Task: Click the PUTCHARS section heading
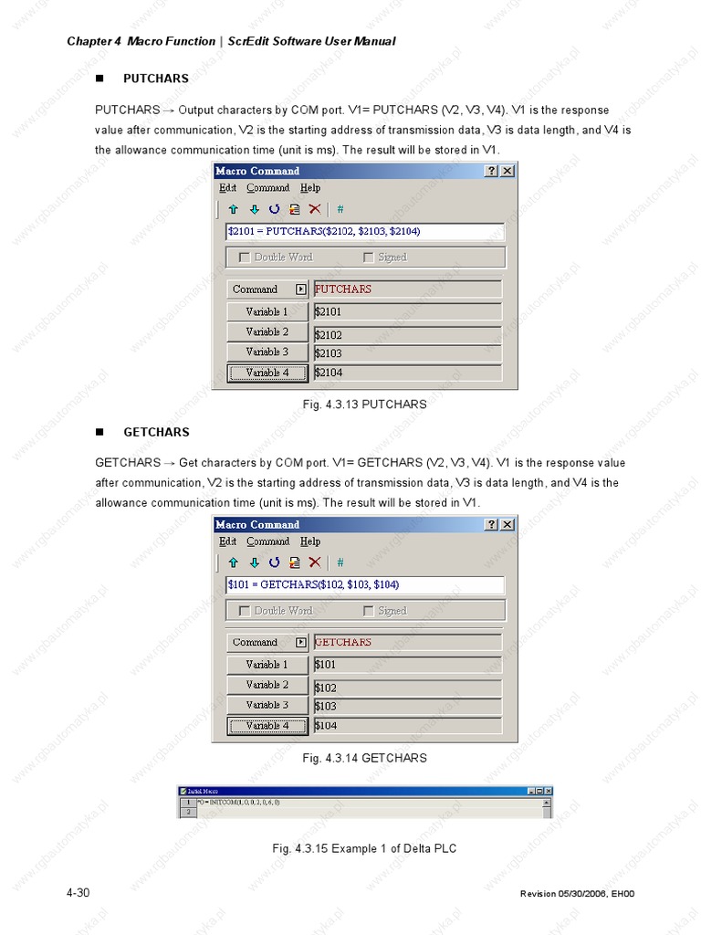[155, 79]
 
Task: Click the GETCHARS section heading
[156, 432]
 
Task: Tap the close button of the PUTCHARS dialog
[507, 171]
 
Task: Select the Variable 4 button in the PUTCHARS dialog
[267, 373]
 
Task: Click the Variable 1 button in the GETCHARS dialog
[267, 665]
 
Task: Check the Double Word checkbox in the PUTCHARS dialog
[245, 257]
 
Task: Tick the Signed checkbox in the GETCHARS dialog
[369, 611]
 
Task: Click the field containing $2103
[407, 353]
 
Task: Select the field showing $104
[407, 726]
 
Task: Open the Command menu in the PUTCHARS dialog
[267, 188]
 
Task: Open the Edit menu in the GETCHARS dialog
[227, 541]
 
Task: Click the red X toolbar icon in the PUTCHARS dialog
[315, 209]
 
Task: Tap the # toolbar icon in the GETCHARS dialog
[340, 562]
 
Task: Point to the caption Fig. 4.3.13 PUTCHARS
[364, 404]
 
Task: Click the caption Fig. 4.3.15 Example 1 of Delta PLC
[364, 849]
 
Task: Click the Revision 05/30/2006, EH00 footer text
[576, 893]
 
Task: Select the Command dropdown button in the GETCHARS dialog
[301, 643]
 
